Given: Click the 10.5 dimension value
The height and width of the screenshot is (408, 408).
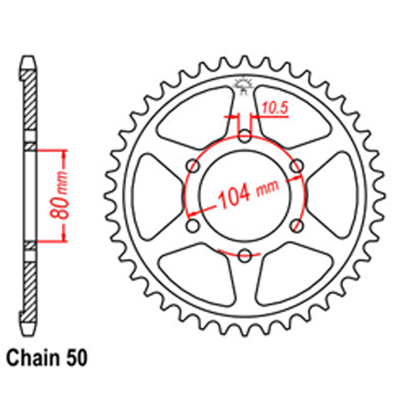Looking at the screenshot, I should (274, 109).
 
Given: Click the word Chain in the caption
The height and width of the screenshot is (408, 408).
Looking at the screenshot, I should (29, 359).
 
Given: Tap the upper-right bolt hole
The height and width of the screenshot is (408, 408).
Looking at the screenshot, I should (297, 166).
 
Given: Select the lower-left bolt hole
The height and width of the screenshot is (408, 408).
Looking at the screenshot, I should (193, 226).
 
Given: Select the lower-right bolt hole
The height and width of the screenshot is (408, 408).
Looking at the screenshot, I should (297, 226).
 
